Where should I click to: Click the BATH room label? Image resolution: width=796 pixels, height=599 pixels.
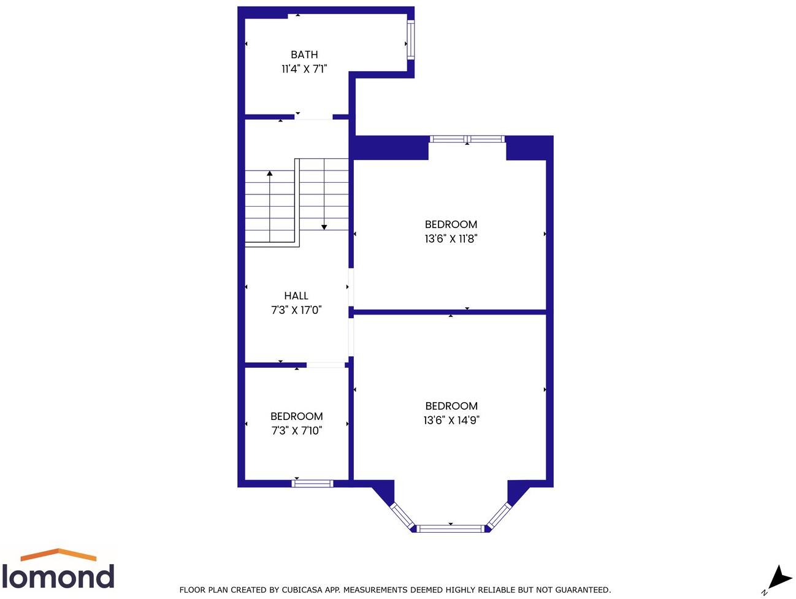coord(304,55)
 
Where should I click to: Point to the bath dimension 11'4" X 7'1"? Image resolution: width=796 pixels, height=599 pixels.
coord(304,69)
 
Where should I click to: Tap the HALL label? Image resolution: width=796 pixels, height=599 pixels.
coord(296,296)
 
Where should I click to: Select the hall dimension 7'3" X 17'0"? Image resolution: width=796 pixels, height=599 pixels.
coord(296,310)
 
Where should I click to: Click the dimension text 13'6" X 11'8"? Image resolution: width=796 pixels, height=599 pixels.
coord(451,238)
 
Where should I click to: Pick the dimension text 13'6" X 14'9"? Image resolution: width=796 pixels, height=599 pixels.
coord(451,420)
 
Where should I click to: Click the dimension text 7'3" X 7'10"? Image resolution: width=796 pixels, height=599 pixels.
coord(296,430)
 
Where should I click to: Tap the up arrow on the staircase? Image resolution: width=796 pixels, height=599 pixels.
coord(270,175)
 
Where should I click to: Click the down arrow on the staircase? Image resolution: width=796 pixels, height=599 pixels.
coord(324,226)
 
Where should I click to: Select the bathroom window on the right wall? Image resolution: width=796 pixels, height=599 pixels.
coord(411,40)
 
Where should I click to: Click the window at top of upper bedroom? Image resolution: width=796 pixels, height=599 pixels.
coord(467,139)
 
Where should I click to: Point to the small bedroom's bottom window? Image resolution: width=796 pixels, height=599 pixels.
coord(312,483)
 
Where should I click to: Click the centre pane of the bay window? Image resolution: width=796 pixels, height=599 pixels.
coord(451,528)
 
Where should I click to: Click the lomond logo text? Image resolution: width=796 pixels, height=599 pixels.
coord(58,576)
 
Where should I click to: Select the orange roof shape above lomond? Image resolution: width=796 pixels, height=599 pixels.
coord(58,554)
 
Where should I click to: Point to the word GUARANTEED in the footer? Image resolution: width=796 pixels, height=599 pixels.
coord(581,590)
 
